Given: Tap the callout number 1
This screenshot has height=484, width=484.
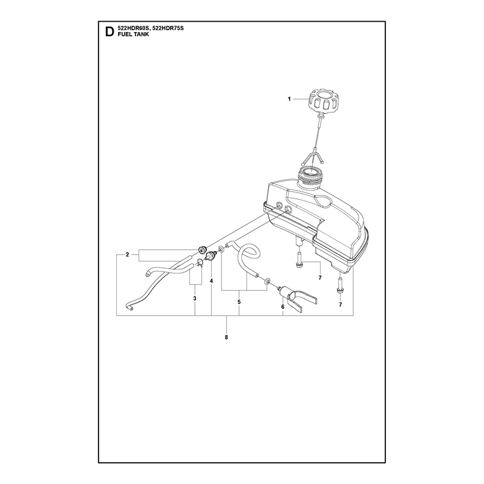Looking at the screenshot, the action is click(x=289, y=99).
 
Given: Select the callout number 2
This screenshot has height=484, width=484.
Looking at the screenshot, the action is click(x=127, y=255).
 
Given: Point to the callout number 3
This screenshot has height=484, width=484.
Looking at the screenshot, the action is click(x=194, y=298).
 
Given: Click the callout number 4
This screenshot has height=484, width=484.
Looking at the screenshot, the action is click(x=211, y=281).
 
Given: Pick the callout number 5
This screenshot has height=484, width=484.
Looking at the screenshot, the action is click(x=239, y=302).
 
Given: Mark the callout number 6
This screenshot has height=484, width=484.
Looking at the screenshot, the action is click(x=283, y=307).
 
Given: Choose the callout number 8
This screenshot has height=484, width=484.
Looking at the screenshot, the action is click(x=226, y=338).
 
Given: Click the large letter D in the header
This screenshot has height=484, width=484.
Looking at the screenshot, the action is click(x=110, y=31).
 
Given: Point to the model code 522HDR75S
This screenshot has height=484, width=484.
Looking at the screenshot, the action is click(x=168, y=28).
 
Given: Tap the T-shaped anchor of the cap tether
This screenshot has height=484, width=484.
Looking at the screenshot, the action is click(x=313, y=157).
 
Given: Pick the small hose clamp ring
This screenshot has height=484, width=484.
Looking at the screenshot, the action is click(x=200, y=263).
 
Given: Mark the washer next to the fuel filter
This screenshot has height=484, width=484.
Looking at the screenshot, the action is click(x=267, y=281).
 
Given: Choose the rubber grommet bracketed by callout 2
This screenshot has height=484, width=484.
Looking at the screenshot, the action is click(x=202, y=249).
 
